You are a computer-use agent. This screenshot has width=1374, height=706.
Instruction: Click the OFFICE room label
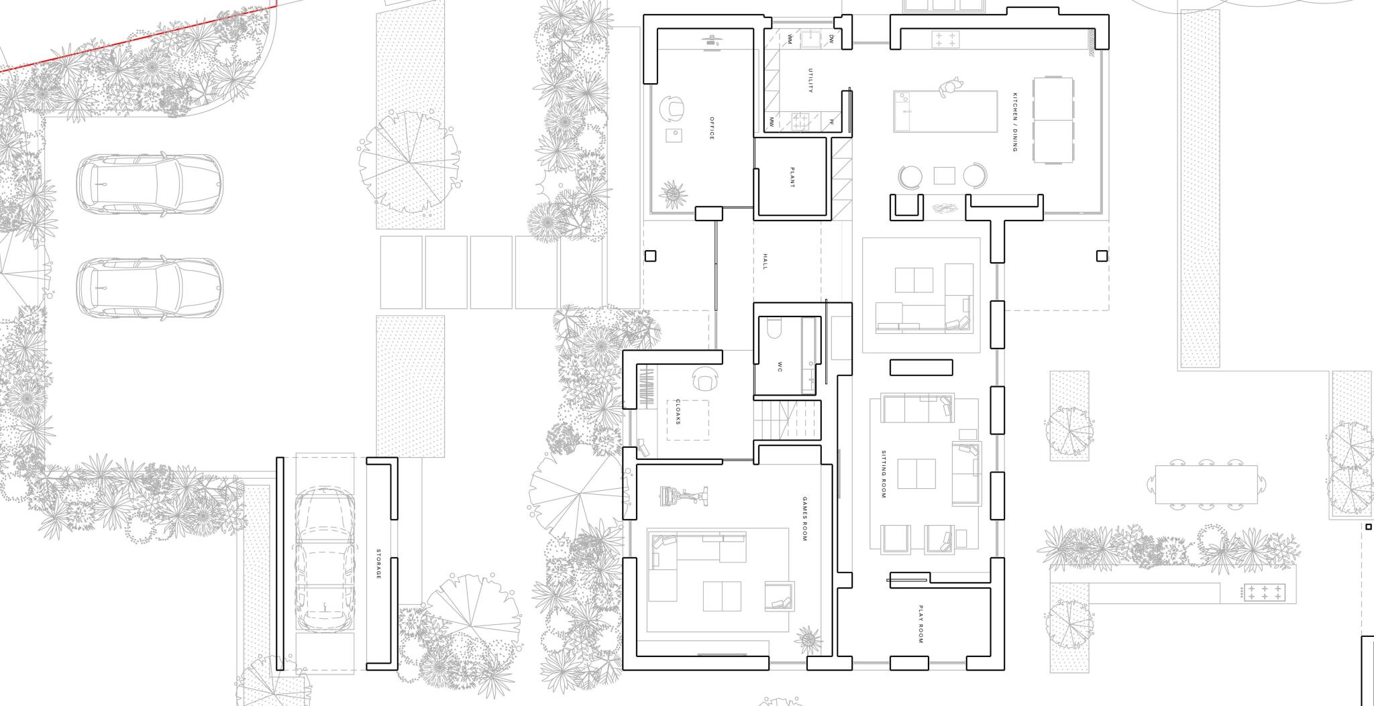click(x=712, y=128)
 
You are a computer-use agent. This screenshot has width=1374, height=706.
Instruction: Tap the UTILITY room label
click(x=810, y=80)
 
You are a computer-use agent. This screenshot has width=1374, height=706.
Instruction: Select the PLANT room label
click(x=792, y=177)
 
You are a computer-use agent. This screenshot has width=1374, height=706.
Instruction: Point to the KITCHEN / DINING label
click(x=1015, y=122)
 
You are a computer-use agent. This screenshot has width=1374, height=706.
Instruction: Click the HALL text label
click(x=765, y=261)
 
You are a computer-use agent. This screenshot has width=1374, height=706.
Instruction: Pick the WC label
click(x=780, y=367)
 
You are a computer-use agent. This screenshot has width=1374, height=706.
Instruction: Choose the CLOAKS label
click(x=678, y=412)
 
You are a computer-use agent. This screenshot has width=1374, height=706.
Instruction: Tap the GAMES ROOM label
click(x=805, y=519)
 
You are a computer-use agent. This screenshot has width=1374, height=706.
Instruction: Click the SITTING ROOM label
click(x=883, y=474)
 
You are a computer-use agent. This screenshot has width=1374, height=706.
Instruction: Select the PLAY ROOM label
click(x=921, y=625)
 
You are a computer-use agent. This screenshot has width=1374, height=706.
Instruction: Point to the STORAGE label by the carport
click(x=378, y=565)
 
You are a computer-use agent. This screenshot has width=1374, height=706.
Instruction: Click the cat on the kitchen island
click(x=949, y=87)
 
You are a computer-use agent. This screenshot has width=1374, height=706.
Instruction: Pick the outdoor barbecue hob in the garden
click(x=1264, y=593)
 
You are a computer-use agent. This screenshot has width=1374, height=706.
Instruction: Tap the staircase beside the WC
click(x=788, y=420)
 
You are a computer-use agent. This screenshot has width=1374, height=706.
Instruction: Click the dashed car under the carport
click(x=325, y=560)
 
